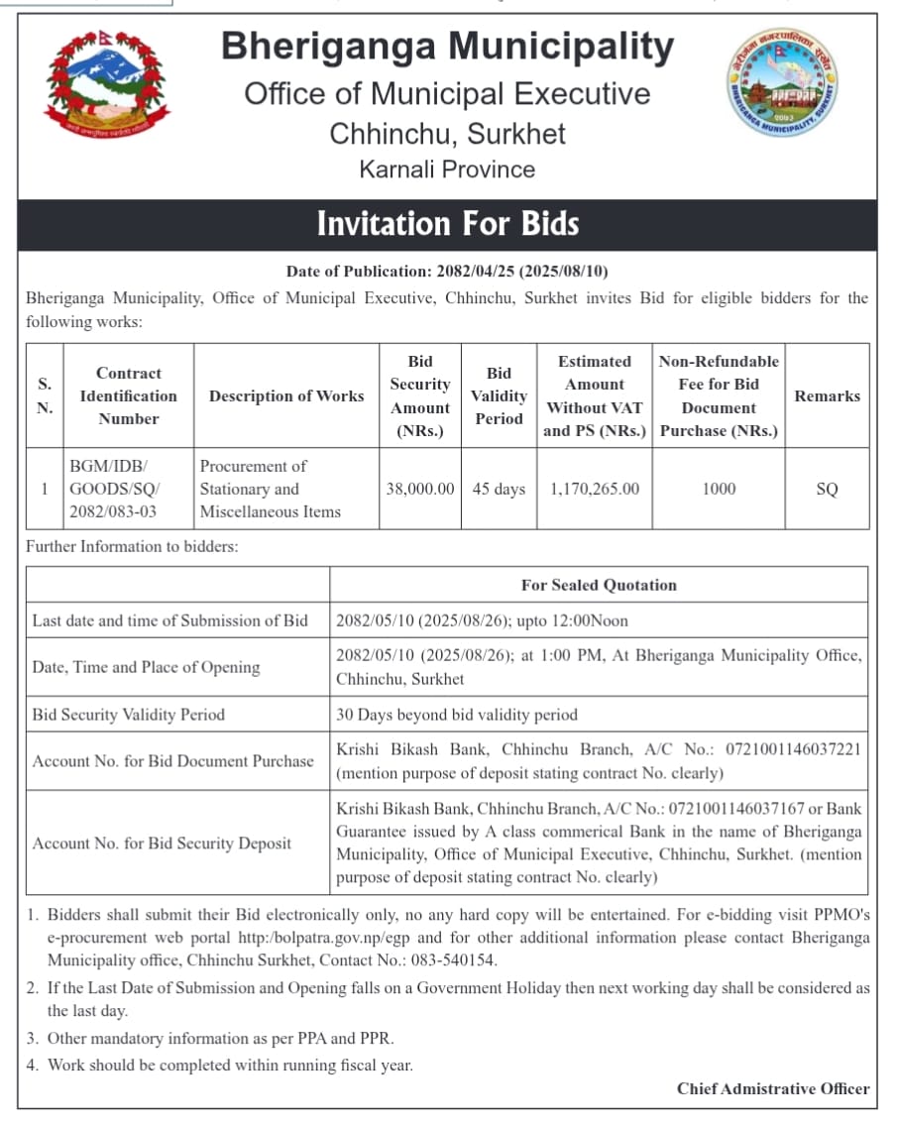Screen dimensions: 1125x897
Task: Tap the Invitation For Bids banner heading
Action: [447, 224]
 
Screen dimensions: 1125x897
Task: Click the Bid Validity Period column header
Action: [499, 395]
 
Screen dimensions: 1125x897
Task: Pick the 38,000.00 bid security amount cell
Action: [420, 489]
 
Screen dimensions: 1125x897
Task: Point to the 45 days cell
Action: [499, 489]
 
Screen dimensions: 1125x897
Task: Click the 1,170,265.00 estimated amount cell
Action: [594, 489]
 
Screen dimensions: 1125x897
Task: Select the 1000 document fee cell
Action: [719, 489]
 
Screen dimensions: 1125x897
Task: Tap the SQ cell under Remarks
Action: [827, 489]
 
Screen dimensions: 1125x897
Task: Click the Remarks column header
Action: [827, 395]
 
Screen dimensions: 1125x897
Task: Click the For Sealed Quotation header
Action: [599, 585]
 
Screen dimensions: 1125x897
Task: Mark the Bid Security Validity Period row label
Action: [129, 715]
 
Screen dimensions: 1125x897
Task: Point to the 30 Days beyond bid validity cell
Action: [457, 715]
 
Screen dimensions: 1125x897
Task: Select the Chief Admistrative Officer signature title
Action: [773, 1088]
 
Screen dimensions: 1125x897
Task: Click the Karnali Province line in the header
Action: [447, 169]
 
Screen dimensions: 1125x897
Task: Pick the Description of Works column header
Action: [286, 395]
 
